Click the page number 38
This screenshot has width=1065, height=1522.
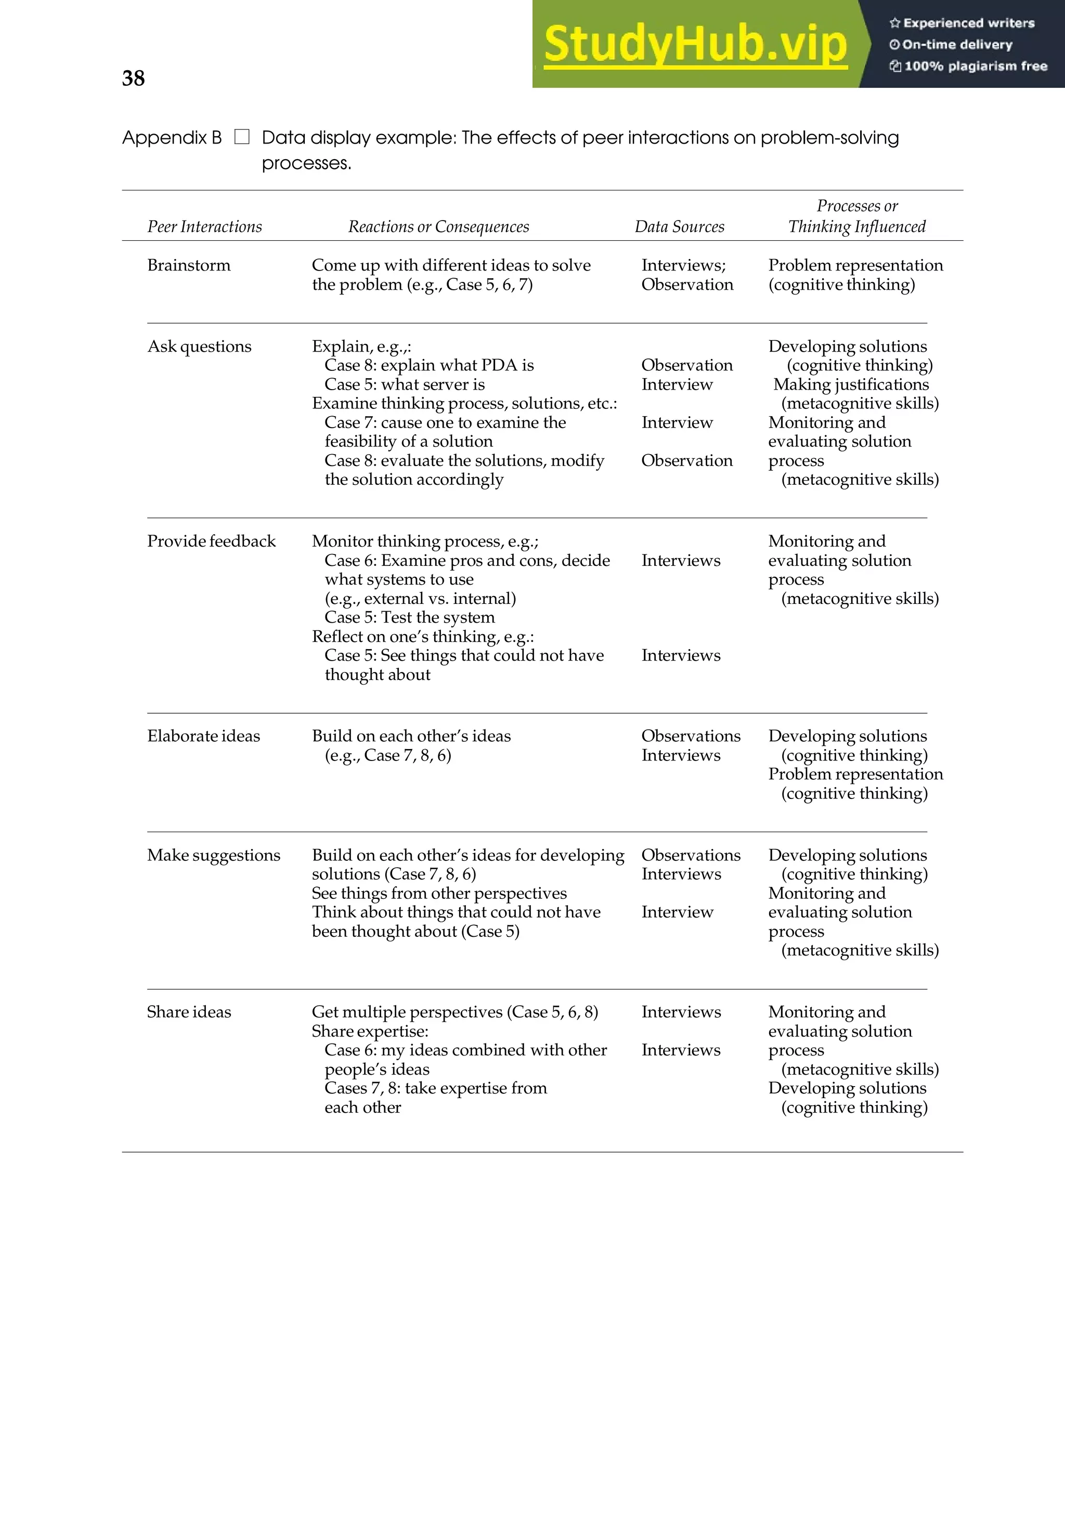pos(133,78)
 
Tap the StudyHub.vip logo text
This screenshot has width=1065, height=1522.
pos(695,44)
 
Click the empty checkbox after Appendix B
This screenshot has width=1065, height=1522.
pos(242,137)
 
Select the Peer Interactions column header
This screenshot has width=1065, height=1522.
pos(204,227)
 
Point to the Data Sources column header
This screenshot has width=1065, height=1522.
pos(679,227)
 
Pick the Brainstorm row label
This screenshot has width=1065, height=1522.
pos(189,265)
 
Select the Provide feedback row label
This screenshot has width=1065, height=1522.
pos(212,541)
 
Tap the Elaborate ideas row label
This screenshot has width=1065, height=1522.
pos(203,736)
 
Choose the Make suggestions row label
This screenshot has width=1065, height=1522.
pos(213,855)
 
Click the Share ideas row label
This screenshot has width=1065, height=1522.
pos(189,1012)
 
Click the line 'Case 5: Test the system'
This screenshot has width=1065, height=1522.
pos(410,617)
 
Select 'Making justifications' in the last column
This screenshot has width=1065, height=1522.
pos(851,384)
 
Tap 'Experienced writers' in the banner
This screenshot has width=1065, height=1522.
pos(968,23)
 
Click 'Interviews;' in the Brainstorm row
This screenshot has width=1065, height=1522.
pos(683,265)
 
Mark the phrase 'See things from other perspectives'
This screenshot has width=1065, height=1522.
pos(439,893)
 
